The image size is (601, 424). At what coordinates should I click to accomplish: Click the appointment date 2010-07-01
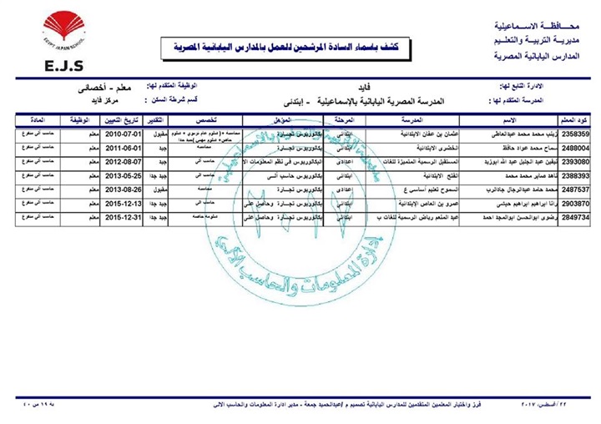124,134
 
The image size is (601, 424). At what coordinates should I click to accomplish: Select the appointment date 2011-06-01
124,148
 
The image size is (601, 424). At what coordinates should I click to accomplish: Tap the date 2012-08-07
124,162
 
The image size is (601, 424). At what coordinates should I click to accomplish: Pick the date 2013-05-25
124,176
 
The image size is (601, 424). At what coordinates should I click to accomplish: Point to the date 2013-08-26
124,189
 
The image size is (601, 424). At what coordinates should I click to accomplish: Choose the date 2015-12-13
124,203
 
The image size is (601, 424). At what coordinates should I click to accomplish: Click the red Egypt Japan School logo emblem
64,30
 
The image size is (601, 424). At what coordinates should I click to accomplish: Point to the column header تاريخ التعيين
124,119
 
